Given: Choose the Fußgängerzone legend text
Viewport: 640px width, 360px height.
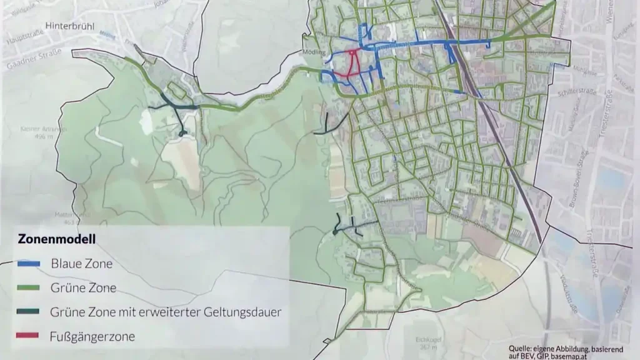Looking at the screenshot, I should point(92,337).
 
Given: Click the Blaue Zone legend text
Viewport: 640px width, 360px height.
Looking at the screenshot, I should point(82,264).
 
